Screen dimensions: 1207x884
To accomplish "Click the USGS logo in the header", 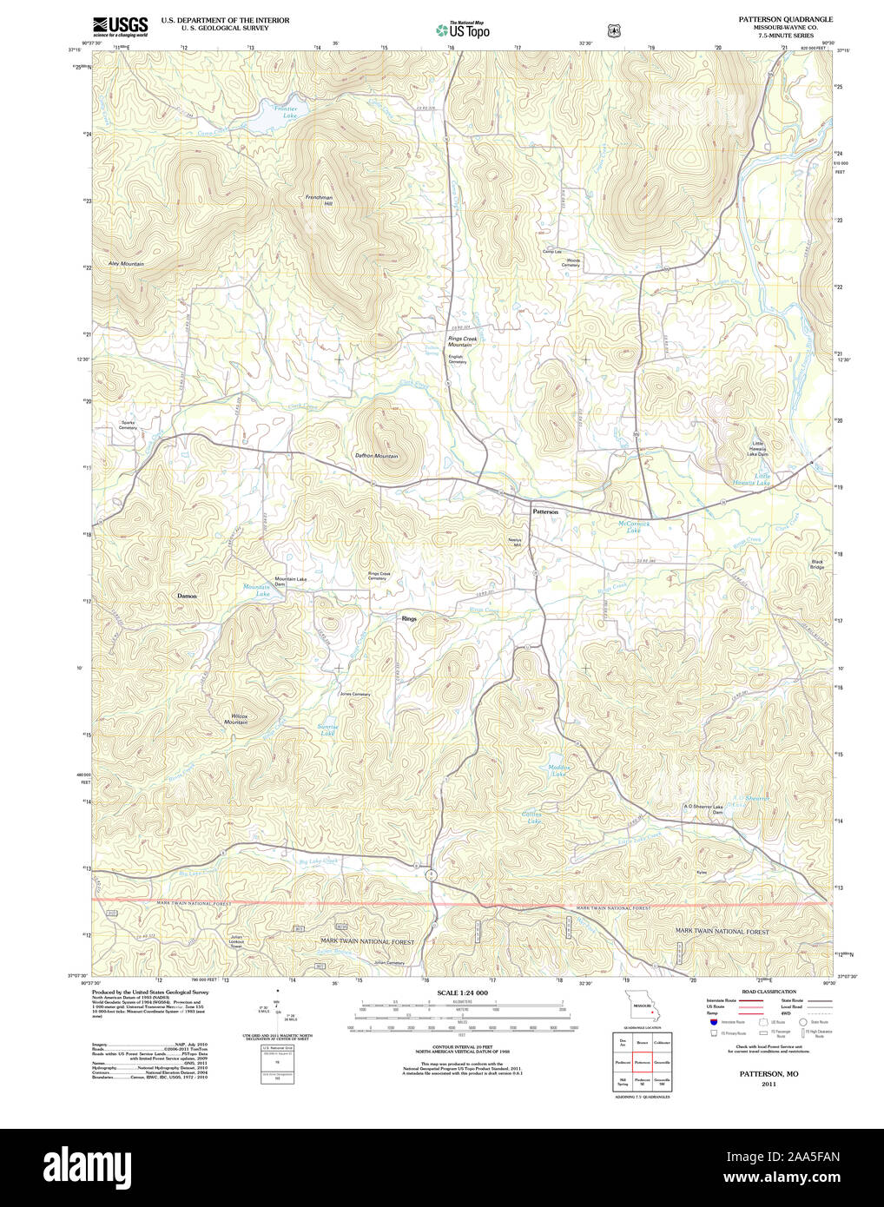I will (x=120, y=25).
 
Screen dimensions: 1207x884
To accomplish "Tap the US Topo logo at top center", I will (x=463, y=30).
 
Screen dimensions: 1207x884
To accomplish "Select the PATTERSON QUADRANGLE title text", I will (x=785, y=19).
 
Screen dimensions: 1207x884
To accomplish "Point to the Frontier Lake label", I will (x=286, y=112).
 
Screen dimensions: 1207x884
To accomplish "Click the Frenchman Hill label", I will (x=319, y=200).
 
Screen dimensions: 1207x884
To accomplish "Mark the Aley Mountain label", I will (x=126, y=263).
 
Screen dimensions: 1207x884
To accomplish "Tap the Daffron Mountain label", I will (x=376, y=456).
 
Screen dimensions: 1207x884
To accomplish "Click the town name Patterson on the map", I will (x=545, y=512).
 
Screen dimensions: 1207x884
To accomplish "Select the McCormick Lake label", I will (x=634, y=526).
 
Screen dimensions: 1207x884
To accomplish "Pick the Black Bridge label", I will (x=817, y=564).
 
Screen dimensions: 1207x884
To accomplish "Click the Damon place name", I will (x=187, y=596).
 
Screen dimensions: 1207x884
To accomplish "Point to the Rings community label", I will (x=409, y=618).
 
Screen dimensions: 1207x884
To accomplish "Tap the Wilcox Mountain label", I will (x=235, y=719).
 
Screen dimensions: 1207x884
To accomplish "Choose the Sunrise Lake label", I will (x=327, y=729).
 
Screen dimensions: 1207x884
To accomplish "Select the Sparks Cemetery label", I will (x=128, y=425).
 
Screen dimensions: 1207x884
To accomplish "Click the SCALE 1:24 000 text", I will (x=462, y=993).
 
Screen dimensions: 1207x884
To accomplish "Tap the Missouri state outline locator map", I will (x=642, y=1008).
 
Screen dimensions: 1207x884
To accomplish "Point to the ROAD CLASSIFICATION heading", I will (x=769, y=992).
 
